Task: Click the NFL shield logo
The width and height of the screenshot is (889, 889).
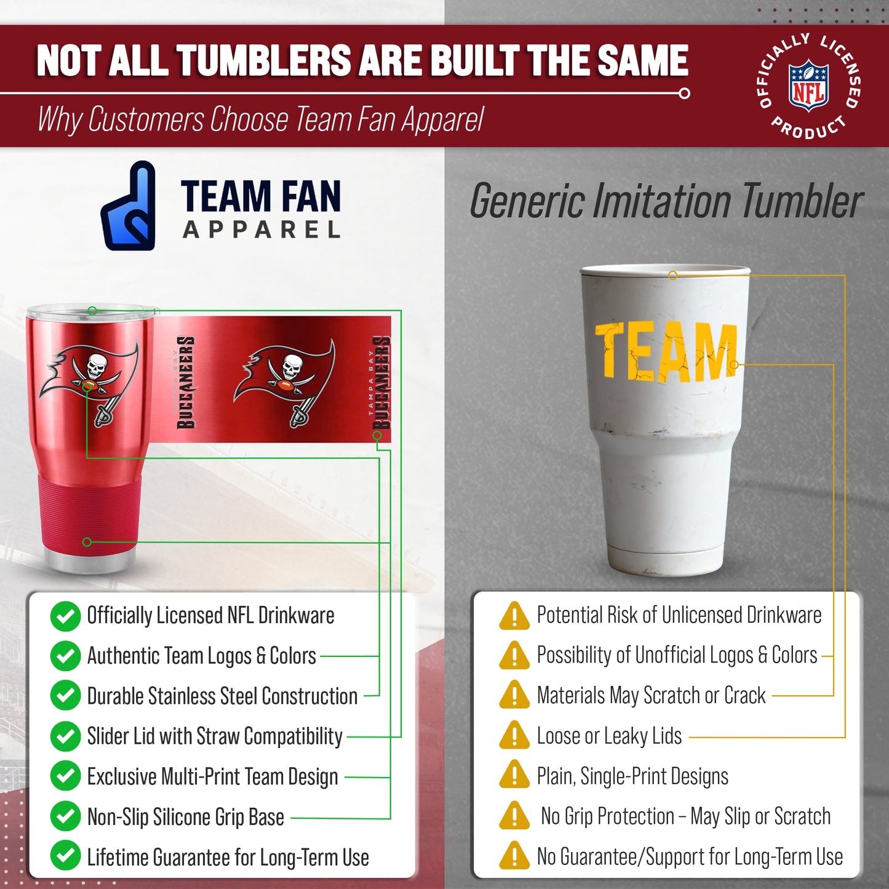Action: coord(808,86)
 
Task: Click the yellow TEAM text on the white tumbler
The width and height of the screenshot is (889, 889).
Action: coord(666,351)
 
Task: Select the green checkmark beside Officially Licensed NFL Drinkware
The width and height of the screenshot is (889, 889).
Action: coord(65,616)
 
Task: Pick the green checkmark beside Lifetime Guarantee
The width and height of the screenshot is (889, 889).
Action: coord(65,856)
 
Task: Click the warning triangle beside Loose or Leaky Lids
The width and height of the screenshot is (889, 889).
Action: coord(514,735)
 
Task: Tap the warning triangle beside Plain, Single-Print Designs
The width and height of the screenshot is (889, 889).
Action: coord(514,775)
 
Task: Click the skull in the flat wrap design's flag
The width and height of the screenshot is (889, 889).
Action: coord(291,368)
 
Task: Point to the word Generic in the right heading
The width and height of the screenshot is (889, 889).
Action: coord(527,201)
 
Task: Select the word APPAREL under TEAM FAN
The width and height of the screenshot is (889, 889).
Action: coord(261,230)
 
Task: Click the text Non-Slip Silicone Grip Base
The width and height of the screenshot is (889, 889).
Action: coord(185,817)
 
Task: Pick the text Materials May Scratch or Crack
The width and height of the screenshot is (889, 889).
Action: coord(651,695)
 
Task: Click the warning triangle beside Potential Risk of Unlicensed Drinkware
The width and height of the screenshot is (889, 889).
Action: coord(514,616)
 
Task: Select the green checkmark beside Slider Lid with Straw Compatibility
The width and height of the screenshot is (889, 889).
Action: coord(65,736)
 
